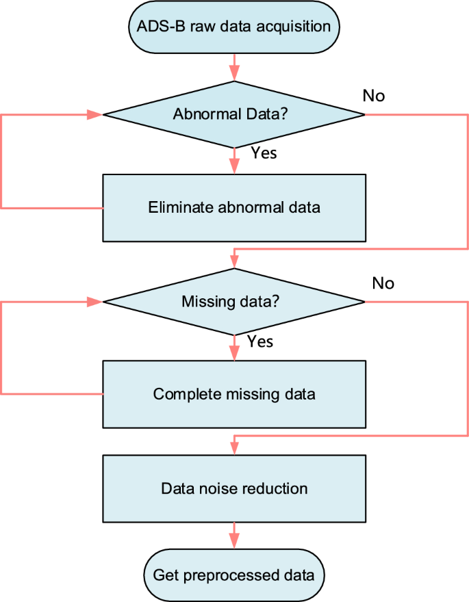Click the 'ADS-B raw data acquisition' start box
(234, 27)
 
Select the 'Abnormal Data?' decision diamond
(234, 114)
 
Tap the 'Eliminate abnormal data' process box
(234, 207)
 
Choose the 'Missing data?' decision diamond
(234, 301)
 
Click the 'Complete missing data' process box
(234, 394)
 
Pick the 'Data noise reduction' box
(234, 488)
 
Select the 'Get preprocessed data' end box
(234, 575)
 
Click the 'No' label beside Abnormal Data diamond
(373, 96)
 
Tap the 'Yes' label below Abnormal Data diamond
(264, 153)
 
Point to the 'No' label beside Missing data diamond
(383, 283)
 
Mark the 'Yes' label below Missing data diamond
(259, 341)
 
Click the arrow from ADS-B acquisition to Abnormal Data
(234, 67)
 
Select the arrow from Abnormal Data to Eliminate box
(234, 161)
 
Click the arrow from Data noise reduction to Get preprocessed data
(234, 535)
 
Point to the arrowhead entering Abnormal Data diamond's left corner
(95, 114)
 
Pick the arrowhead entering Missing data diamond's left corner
(95, 301)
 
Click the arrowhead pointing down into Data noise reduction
(234, 447)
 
